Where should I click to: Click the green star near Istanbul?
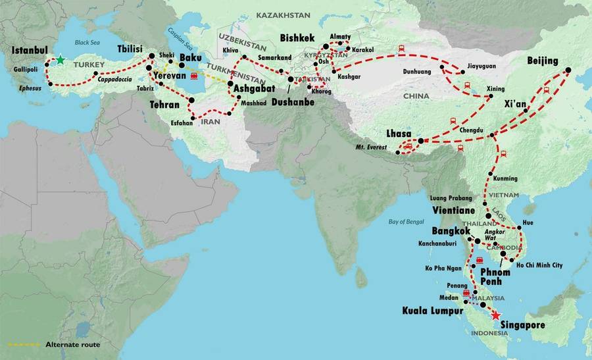pos(60,60)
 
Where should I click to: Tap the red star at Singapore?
pos(495,315)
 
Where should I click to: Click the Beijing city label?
pos(543,61)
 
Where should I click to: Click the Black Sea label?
pos(86,43)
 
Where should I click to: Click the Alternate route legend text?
pos(72,344)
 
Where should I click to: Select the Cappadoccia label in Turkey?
pos(116,79)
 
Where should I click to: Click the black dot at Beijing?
pos(566,70)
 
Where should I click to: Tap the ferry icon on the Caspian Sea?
pos(194,76)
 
